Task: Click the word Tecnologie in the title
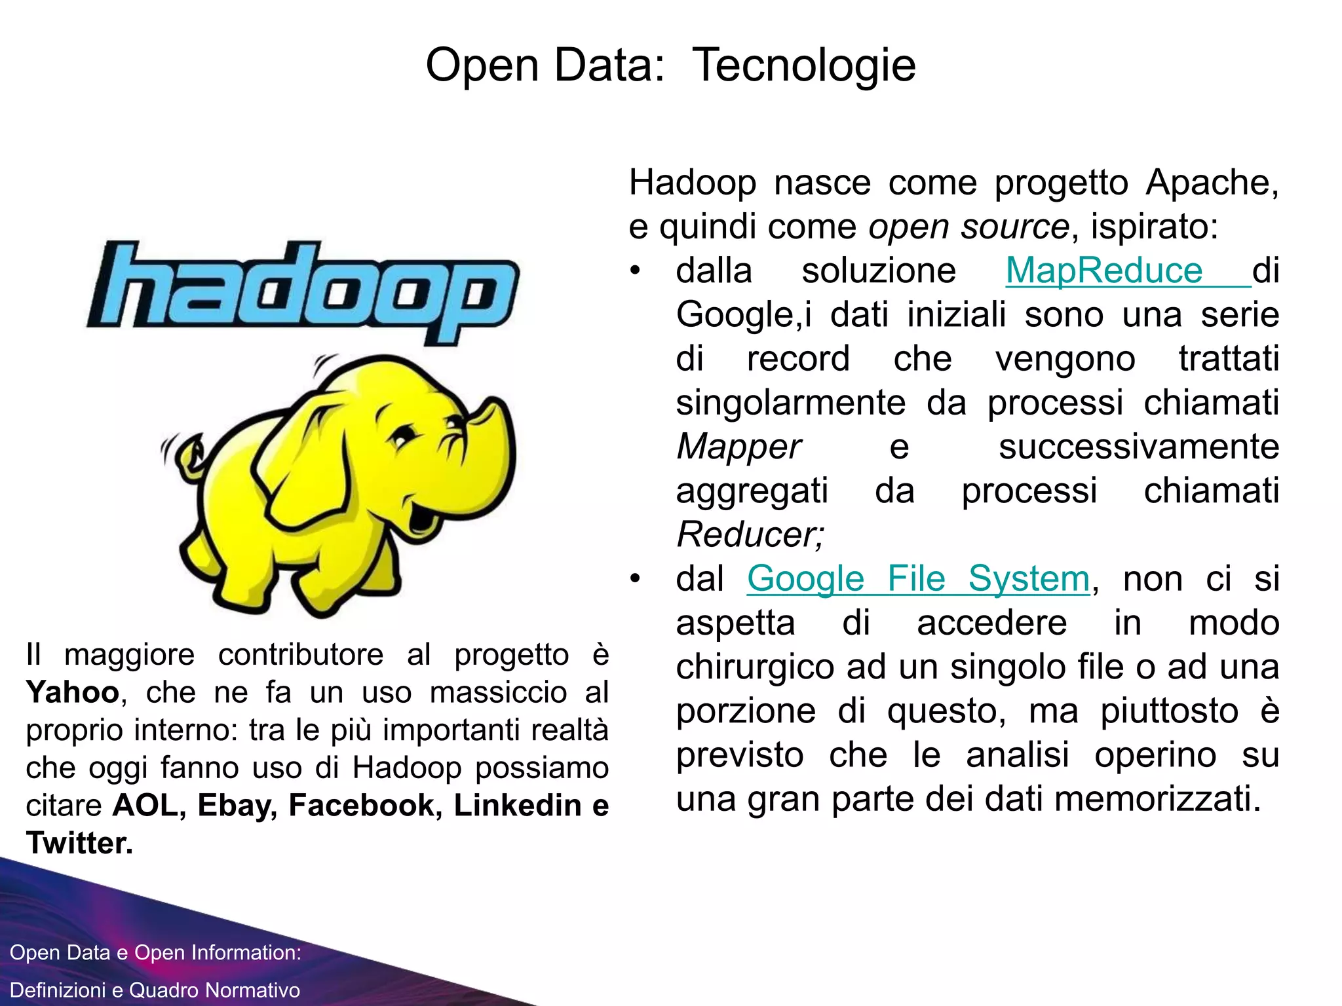803,65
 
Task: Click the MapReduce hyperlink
1104,270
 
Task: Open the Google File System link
918,579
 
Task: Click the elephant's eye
404,436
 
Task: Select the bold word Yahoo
72,692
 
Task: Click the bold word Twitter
79,843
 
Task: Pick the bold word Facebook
362,806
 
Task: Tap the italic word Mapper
738,447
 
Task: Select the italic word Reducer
750,534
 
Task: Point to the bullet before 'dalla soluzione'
634,270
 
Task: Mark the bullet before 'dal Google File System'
634,579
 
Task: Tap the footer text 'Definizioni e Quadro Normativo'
155,990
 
